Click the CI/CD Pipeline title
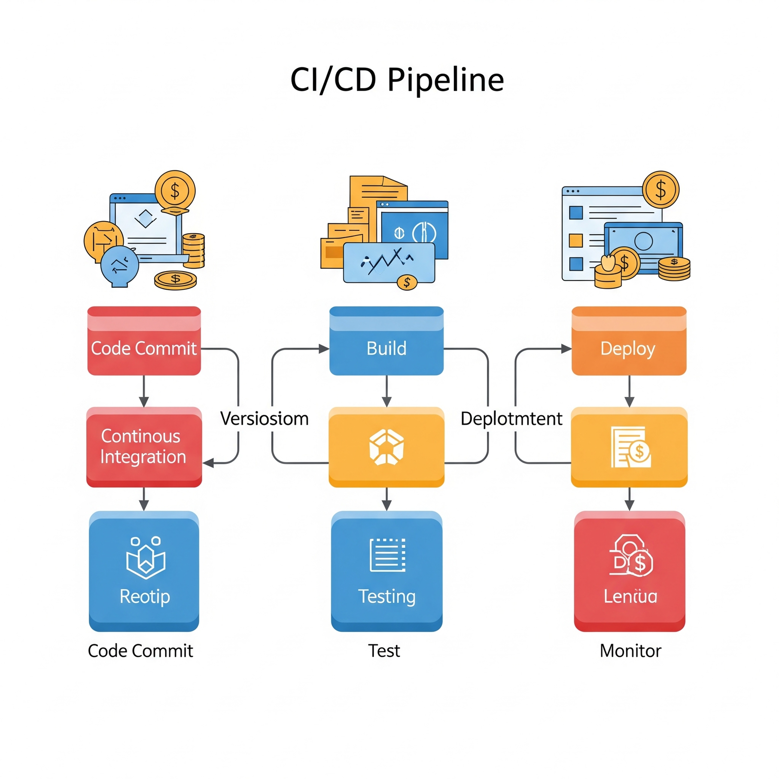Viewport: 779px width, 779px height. click(x=397, y=80)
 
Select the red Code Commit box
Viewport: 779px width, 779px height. click(x=144, y=341)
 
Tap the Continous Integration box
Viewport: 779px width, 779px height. click(x=144, y=446)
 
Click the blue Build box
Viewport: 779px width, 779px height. click(x=386, y=341)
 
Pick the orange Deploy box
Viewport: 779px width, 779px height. click(x=629, y=341)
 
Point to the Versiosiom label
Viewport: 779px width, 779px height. click(x=264, y=419)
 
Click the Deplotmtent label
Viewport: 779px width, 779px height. click(x=511, y=419)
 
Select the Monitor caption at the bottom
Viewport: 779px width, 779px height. click(x=630, y=650)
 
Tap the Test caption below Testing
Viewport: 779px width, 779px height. click(x=384, y=650)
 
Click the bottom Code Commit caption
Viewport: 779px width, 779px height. click(x=140, y=650)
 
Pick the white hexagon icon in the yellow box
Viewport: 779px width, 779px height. click(x=386, y=447)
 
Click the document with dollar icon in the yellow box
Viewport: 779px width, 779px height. click(x=631, y=447)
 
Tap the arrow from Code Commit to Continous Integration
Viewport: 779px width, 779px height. click(x=144, y=390)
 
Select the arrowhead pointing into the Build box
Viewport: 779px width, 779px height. click(x=324, y=349)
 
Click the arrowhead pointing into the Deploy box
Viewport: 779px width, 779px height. click(x=566, y=349)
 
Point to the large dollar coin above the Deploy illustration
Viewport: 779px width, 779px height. click(x=660, y=189)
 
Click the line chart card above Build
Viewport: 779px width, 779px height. click(x=389, y=263)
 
